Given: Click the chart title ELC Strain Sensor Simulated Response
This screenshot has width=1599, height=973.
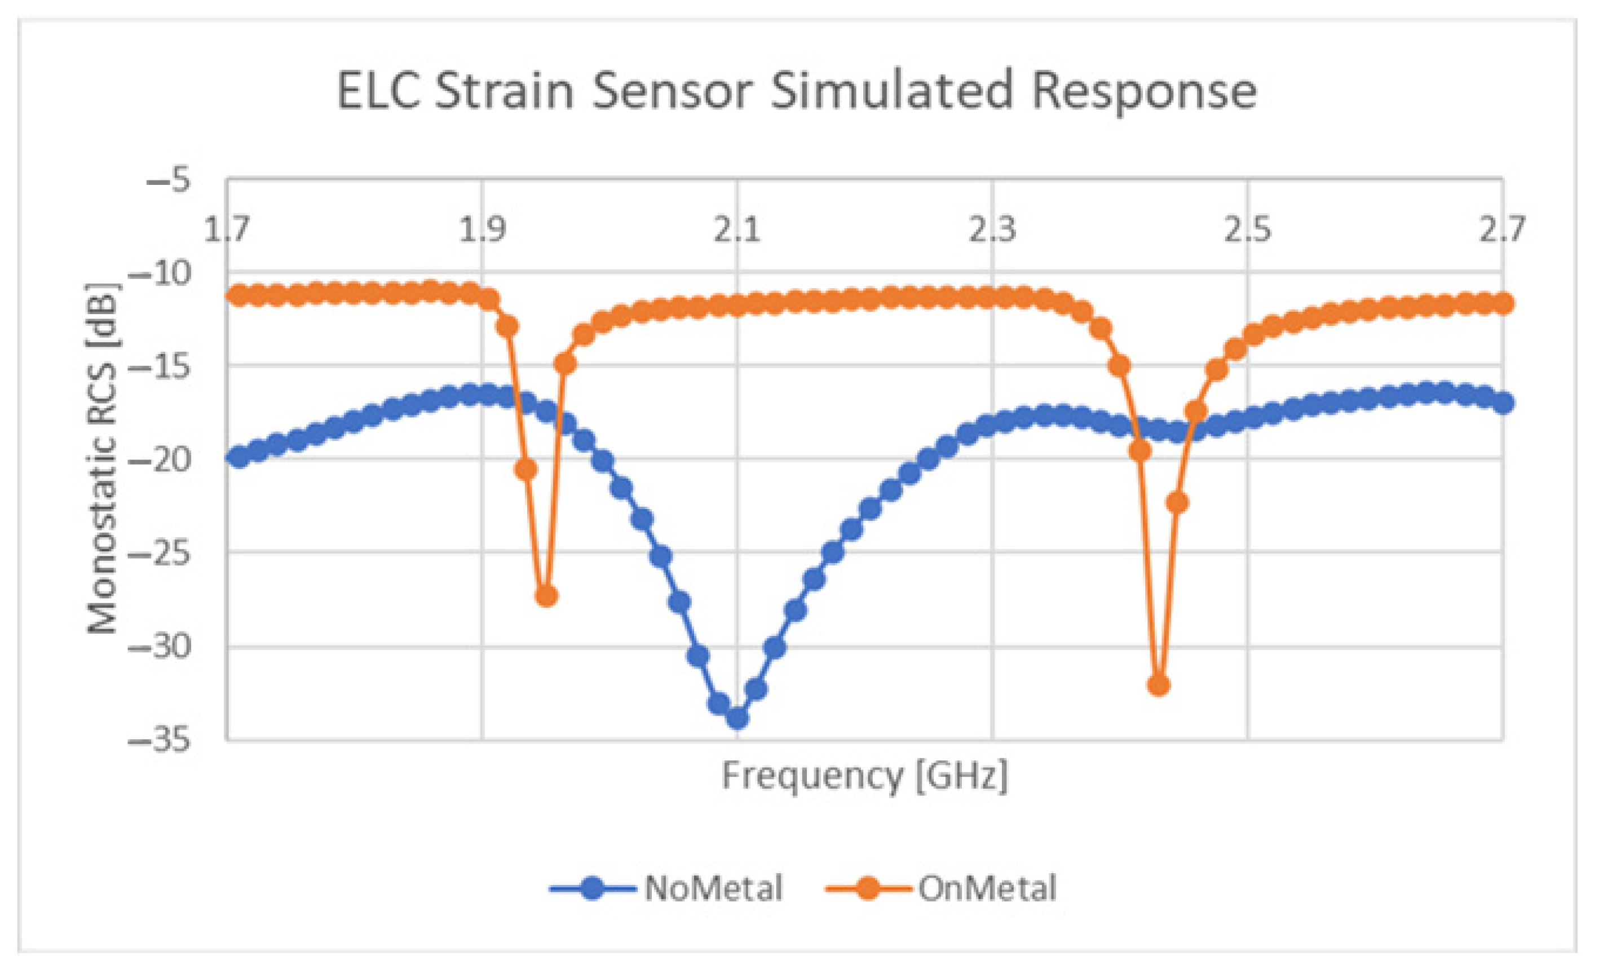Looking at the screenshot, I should click(x=797, y=91).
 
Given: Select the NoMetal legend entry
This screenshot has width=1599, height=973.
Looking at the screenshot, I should click(x=669, y=888).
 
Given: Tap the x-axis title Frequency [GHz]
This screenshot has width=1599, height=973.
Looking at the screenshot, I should click(x=865, y=776).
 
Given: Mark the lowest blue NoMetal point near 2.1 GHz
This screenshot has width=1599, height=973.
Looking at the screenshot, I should click(x=738, y=718).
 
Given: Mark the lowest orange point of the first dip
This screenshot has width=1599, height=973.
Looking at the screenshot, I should click(x=547, y=595).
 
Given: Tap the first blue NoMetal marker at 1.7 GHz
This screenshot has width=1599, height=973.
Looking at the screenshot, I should click(x=239, y=457).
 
